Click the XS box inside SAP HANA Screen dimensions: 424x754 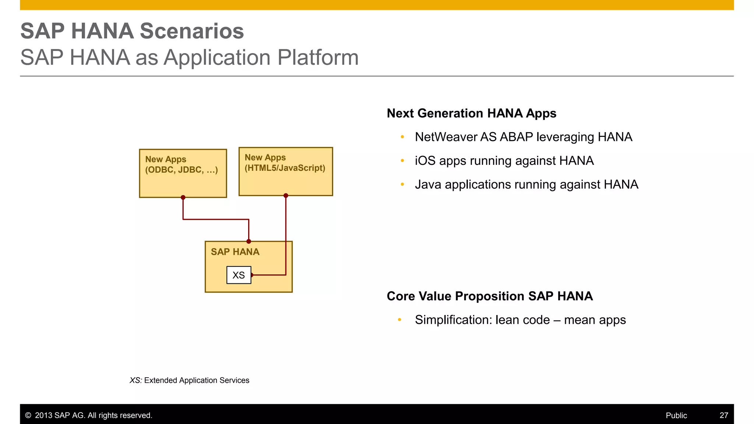[239, 275]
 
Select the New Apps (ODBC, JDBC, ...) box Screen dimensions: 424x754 [183, 173]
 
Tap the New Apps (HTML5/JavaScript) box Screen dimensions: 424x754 [285, 172]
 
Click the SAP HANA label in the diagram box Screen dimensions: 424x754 [235, 252]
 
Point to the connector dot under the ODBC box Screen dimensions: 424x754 [183, 198]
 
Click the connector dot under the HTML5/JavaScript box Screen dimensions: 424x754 [286, 195]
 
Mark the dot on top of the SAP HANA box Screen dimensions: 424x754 [249, 241]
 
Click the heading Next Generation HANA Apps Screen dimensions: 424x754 [471, 113]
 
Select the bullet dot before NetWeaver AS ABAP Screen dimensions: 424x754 [402, 137]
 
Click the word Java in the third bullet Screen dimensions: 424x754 [428, 184]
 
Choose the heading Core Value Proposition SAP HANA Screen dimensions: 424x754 [490, 296]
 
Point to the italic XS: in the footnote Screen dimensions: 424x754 [135, 380]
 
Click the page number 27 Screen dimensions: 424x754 [723, 415]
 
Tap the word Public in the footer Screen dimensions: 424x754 [676, 415]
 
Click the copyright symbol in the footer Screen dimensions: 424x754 [28, 415]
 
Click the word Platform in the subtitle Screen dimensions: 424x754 [318, 57]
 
